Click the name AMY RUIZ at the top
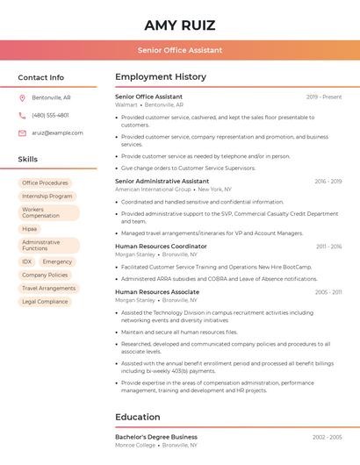click(x=179, y=25)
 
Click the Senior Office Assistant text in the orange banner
click(x=179, y=50)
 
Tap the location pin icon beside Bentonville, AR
click(x=22, y=97)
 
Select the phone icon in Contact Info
click(x=22, y=115)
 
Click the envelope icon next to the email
click(x=22, y=133)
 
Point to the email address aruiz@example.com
click(x=57, y=133)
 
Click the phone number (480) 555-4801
click(x=50, y=115)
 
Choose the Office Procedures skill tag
click(x=45, y=183)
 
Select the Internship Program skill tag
click(x=47, y=197)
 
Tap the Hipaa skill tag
click(x=30, y=229)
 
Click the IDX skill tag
click(x=27, y=261)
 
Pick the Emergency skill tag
click(x=57, y=261)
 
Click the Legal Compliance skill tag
click(x=45, y=301)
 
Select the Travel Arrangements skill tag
click(x=48, y=288)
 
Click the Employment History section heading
click(x=161, y=77)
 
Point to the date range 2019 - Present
click(x=324, y=97)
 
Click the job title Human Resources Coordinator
click(x=161, y=247)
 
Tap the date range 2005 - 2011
click(x=328, y=292)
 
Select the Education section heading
click(x=138, y=418)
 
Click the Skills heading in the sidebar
click(x=28, y=160)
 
